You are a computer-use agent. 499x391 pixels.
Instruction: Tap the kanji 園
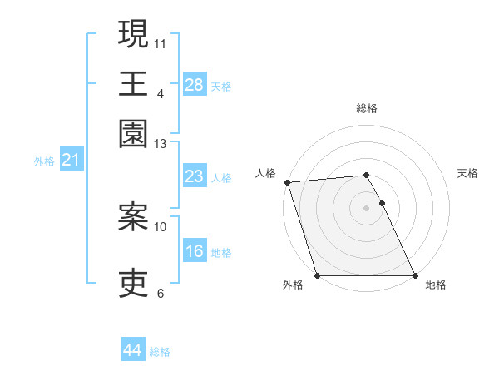click(x=133, y=133)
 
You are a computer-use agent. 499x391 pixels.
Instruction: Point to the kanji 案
click(x=133, y=217)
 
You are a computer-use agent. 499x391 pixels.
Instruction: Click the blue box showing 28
click(x=195, y=85)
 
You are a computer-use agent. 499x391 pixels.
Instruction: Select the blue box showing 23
click(x=195, y=176)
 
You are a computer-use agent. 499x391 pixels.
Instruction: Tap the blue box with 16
click(x=195, y=251)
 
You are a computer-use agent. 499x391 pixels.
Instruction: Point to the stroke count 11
click(x=161, y=42)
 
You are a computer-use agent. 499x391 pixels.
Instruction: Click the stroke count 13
click(x=161, y=144)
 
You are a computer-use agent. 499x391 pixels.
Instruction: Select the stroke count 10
click(x=161, y=226)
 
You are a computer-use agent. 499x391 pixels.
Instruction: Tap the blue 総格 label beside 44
click(x=160, y=352)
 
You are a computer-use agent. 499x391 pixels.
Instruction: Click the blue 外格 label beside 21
click(x=44, y=161)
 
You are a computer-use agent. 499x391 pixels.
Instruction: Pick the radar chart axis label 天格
click(x=468, y=173)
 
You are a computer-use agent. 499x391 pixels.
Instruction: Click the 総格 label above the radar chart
click(x=366, y=108)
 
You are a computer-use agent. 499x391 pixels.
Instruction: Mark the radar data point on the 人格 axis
click(x=287, y=182)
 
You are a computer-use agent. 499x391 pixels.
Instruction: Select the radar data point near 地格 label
click(x=414, y=275)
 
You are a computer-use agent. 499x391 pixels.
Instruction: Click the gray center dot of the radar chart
click(x=366, y=207)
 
